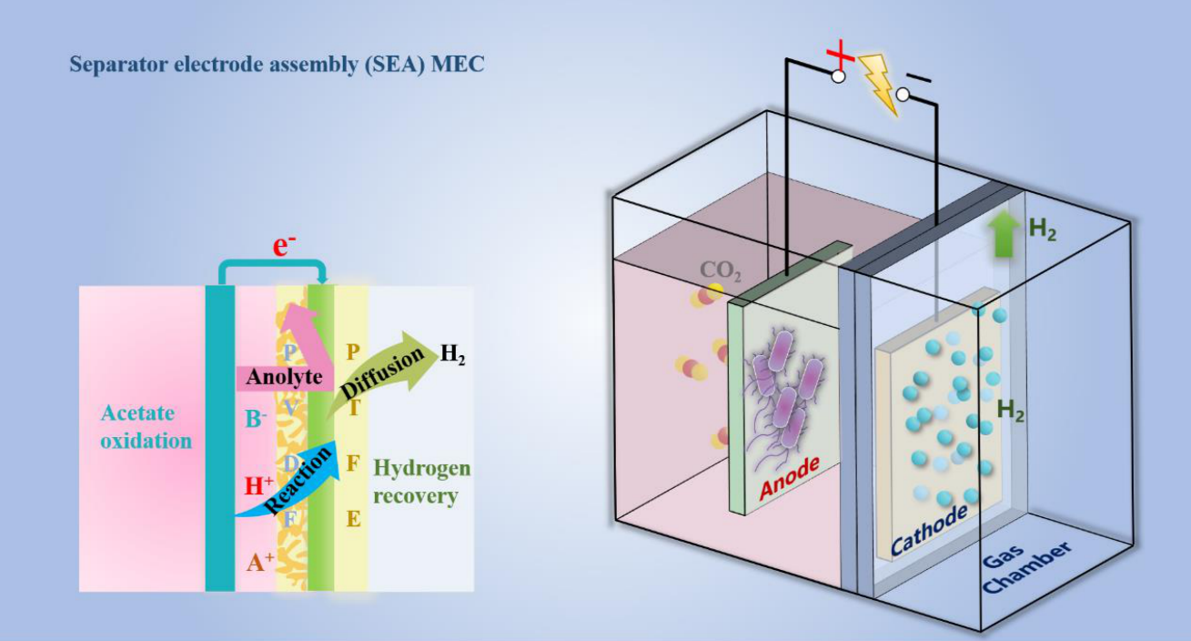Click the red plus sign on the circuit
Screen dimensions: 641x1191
click(841, 57)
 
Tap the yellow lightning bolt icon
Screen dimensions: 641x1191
click(878, 83)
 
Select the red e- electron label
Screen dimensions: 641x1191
click(285, 246)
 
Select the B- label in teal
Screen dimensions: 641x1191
click(256, 420)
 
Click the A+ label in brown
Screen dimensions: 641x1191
click(260, 563)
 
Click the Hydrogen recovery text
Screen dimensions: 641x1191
click(422, 483)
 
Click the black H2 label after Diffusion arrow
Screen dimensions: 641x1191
click(452, 355)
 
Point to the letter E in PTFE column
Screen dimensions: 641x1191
click(353, 520)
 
